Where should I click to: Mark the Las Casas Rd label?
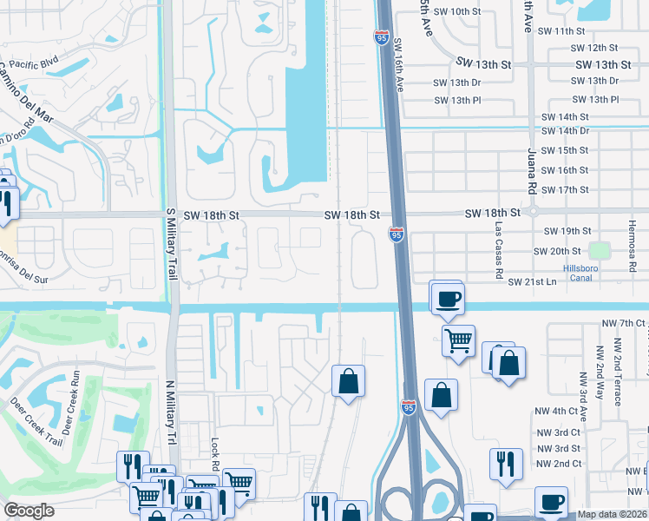499,248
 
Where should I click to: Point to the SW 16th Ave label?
400,66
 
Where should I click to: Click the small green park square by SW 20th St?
599,251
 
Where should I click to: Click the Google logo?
29,511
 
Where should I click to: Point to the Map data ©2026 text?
611,514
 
